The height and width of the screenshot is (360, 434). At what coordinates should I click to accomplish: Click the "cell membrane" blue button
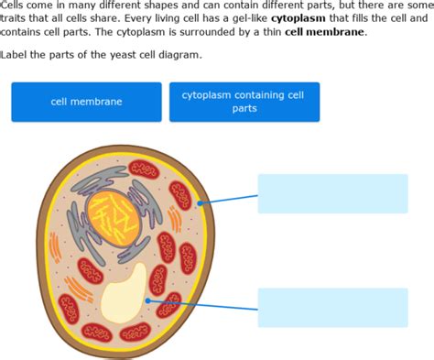tap(86, 102)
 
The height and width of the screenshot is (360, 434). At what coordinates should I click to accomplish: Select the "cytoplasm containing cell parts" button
tap(244, 102)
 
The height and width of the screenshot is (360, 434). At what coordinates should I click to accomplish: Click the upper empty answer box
tap(332, 193)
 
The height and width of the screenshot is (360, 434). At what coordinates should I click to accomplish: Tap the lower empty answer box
tap(332, 307)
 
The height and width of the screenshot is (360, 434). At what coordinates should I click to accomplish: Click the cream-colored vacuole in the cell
tap(124, 292)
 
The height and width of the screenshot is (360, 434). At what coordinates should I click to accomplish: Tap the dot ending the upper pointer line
tap(199, 203)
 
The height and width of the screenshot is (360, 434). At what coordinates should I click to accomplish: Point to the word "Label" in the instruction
tap(16, 55)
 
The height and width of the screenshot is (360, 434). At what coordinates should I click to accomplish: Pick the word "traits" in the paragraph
tap(15, 17)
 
